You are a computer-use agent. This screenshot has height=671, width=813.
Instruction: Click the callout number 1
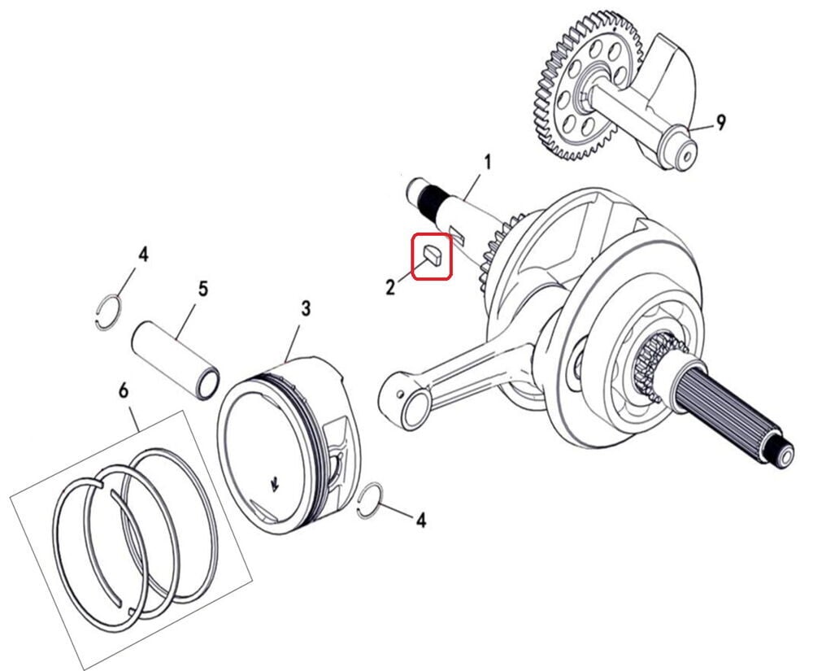click(487, 163)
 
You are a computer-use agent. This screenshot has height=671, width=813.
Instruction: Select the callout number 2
click(390, 286)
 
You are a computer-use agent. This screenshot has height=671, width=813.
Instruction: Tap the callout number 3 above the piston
click(306, 308)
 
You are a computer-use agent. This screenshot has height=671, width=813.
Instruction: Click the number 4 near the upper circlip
click(143, 255)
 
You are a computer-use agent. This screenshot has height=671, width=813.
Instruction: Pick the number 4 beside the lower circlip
click(421, 519)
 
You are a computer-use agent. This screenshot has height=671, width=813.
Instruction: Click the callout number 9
click(720, 122)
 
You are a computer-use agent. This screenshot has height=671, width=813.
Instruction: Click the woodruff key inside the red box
click(433, 256)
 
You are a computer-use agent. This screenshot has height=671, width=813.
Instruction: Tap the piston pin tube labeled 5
click(176, 359)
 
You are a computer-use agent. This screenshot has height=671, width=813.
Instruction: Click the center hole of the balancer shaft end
click(686, 156)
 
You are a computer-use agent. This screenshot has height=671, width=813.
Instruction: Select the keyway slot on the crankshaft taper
click(457, 233)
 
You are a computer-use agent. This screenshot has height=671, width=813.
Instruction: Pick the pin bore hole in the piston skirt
click(340, 470)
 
